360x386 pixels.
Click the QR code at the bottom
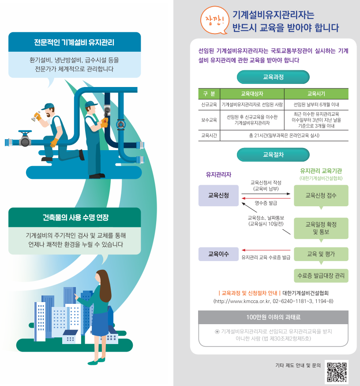pos(337,371)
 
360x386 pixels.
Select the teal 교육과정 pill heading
pos(273,77)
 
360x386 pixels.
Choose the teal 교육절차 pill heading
pos(273,155)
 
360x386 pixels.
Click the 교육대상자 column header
pos(251,94)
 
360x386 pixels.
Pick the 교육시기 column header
pos(316,94)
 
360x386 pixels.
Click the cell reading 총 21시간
pos(284,135)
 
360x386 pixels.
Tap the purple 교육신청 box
pos(218,195)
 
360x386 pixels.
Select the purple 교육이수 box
pos(218,254)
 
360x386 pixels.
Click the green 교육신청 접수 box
pos(321,195)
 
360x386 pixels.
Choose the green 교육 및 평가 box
pos(321,254)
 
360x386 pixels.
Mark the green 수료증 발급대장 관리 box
pos(321,276)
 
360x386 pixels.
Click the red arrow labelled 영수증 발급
pos(266,198)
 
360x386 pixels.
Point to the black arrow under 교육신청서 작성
pos(266,193)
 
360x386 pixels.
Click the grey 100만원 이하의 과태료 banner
pos(273,317)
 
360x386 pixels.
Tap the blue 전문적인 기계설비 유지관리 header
pos(74,43)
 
